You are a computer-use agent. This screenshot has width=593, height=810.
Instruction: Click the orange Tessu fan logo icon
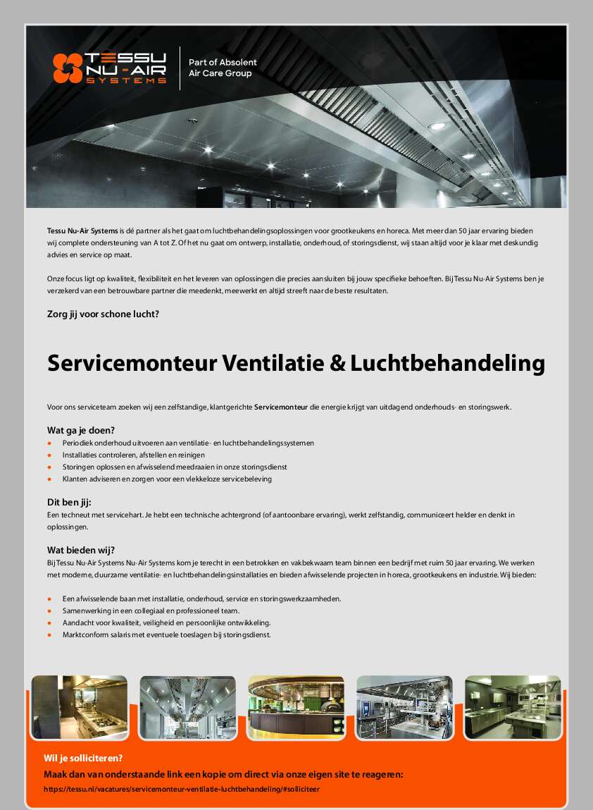(68, 68)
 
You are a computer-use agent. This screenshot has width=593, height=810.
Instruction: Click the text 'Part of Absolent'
(223, 63)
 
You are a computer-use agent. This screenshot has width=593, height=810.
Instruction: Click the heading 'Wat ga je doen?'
(81, 430)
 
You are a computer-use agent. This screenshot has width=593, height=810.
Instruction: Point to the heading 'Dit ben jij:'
(70, 503)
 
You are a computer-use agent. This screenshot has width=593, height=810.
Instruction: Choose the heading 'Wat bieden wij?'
(81, 550)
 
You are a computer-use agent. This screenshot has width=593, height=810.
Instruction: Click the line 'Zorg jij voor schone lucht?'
(103, 314)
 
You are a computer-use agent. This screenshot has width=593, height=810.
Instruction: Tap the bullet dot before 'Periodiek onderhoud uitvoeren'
(49, 443)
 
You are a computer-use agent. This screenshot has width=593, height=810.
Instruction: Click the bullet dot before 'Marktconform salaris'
(49, 635)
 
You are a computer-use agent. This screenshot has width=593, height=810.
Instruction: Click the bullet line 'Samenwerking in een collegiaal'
(151, 610)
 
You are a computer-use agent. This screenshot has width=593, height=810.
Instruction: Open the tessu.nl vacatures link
(181, 790)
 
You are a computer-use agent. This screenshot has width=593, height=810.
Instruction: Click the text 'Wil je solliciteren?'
(83, 759)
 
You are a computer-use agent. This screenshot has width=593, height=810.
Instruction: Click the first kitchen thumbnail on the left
(80, 707)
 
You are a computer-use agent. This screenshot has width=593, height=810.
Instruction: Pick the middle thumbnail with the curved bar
(296, 707)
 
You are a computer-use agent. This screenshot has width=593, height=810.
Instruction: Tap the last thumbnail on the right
(513, 707)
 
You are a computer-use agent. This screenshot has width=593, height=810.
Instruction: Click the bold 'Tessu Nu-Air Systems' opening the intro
(82, 231)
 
